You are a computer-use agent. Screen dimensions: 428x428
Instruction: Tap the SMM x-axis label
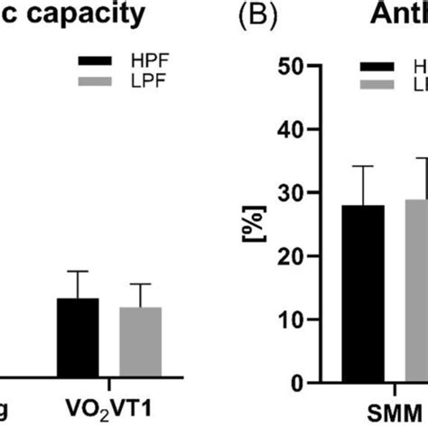click(x=394, y=408)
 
